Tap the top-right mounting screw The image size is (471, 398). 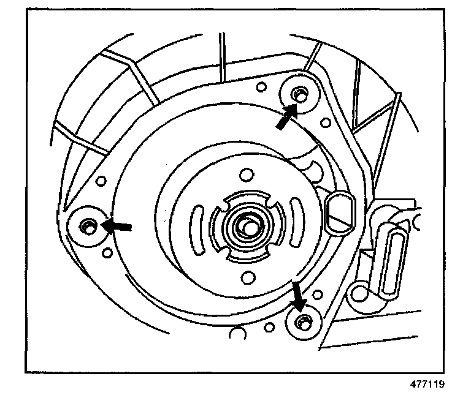point(300,93)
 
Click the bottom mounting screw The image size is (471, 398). point(301,321)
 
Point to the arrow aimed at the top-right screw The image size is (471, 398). point(284,118)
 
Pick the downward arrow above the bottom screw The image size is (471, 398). point(298,296)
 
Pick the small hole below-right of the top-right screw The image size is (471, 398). point(324,122)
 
